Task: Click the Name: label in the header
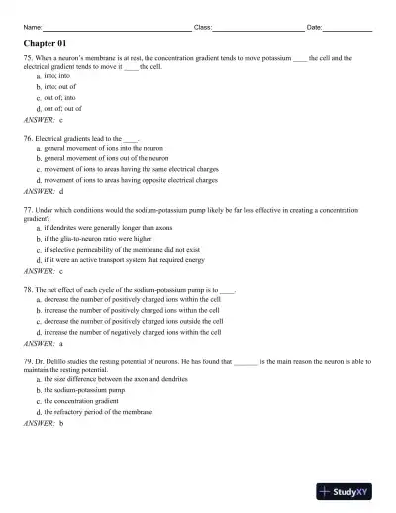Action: point(31,27)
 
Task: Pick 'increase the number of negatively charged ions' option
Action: point(133,332)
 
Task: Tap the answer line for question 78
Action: point(42,343)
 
